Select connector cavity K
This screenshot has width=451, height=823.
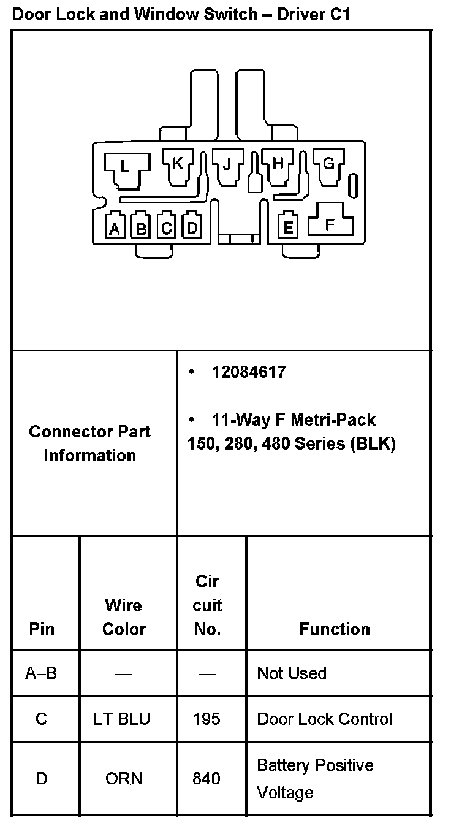coord(177,164)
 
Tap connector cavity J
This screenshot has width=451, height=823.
coord(227,164)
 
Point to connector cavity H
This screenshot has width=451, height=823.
coord(278,164)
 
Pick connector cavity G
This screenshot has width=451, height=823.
coord(328,164)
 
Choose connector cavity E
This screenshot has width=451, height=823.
coord(287,227)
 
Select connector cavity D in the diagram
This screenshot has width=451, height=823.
coord(192,228)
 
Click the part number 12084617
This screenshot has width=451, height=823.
coord(249,372)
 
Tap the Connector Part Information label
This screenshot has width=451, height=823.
coord(90,443)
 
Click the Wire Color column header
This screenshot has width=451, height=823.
coord(124,617)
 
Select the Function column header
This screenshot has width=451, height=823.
coord(335,629)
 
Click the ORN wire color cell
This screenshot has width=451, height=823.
coord(124,778)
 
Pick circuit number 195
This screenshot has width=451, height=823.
coord(207,719)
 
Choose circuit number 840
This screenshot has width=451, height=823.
coord(207,778)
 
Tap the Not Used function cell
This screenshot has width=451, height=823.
coord(292,673)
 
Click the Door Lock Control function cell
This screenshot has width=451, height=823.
coord(325,719)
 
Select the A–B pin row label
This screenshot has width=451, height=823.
coord(41,673)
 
